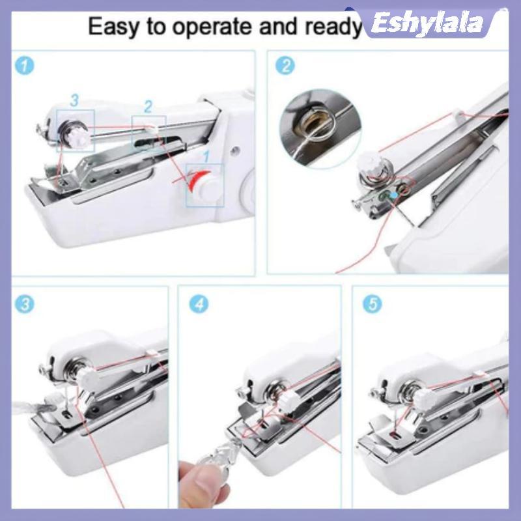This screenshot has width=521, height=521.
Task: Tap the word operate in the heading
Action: click(214, 27)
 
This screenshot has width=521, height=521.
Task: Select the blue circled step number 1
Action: click(25, 66)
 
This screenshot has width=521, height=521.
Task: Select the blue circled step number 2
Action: click(285, 66)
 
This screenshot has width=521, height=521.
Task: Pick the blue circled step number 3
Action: click(25, 303)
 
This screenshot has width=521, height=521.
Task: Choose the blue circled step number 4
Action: click(199, 303)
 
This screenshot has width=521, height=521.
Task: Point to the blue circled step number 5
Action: click(372, 303)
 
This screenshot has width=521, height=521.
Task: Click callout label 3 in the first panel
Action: click(75, 100)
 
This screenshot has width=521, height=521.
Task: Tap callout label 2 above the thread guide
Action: click(148, 106)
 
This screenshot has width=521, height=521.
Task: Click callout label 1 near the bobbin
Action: click(206, 156)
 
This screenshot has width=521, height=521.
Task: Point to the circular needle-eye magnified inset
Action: click(320, 128)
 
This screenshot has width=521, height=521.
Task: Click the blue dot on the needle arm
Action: click(393, 195)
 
